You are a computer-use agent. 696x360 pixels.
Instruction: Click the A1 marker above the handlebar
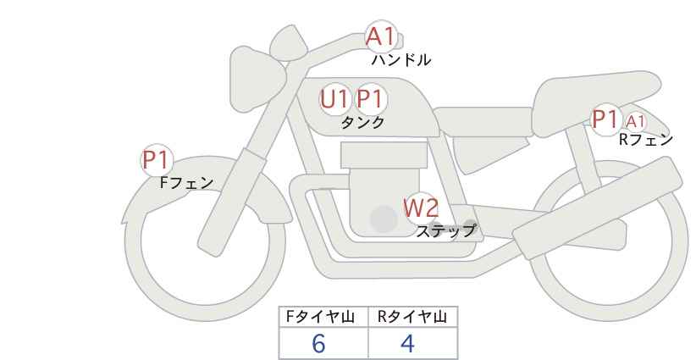pyautogui.click(x=380, y=36)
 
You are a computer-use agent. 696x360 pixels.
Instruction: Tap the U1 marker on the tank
pyautogui.click(x=334, y=99)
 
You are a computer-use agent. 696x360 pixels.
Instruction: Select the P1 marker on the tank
pyautogui.click(x=370, y=99)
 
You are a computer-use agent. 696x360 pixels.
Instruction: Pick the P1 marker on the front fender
pyautogui.click(x=157, y=159)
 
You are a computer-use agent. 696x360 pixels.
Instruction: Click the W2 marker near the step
pyautogui.click(x=420, y=208)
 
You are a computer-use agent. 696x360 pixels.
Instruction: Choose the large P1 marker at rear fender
pyautogui.click(x=605, y=120)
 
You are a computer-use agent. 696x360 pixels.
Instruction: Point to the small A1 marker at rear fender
pyautogui.click(x=635, y=122)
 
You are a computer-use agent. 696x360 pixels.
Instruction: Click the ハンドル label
pyautogui.click(x=401, y=60)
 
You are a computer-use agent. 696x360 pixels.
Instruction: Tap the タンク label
pyautogui.click(x=362, y=123)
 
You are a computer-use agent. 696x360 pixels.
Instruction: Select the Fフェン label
pyautogui.click(x=186, y=182)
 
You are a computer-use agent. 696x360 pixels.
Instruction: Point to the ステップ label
pyautogui.click(x=445, y=230)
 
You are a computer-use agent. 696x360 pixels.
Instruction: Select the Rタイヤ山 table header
pyautogui.click(x=412, y=317)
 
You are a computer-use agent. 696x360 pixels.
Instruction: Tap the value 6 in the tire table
pyautogui.click(x=318, y=344)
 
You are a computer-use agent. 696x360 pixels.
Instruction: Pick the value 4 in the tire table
pyautogui.click(x=407, y=344)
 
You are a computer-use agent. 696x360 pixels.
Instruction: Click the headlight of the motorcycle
pyautogui.click(x=254, y=64)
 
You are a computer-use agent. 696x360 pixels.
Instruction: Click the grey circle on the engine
pyautogui.click(x=384, y=220)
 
